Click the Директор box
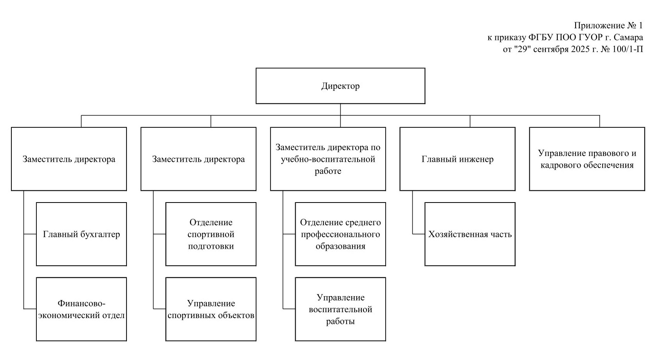tap(340, 86)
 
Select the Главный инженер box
tap(457, 159)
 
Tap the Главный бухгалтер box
tap(81, 234)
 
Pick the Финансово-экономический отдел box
tap(81, 309)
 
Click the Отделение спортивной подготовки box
tap(211, 234)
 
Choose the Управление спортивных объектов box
tap(211, 309)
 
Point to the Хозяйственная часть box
tap(470, 234)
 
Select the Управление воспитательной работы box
tap(340, 309)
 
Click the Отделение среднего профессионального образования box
tap(340, 234)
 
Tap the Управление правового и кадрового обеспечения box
tap(587, 159)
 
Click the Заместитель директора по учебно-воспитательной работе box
tap(328, 159)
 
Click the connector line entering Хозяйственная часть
tap(419, 234)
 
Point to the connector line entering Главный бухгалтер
tap(30, 234)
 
